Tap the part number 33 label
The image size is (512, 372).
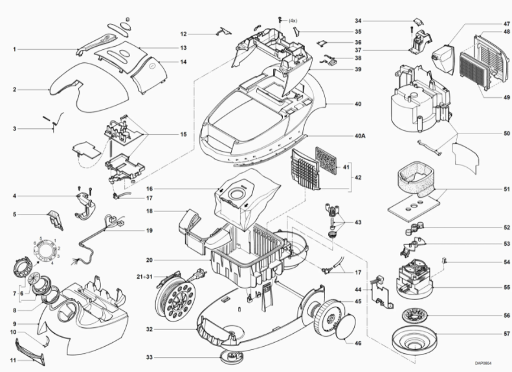[150, 358]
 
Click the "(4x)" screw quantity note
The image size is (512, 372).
[292, 21]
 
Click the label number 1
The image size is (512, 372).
[14, 49]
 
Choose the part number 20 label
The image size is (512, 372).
[149, 260]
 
